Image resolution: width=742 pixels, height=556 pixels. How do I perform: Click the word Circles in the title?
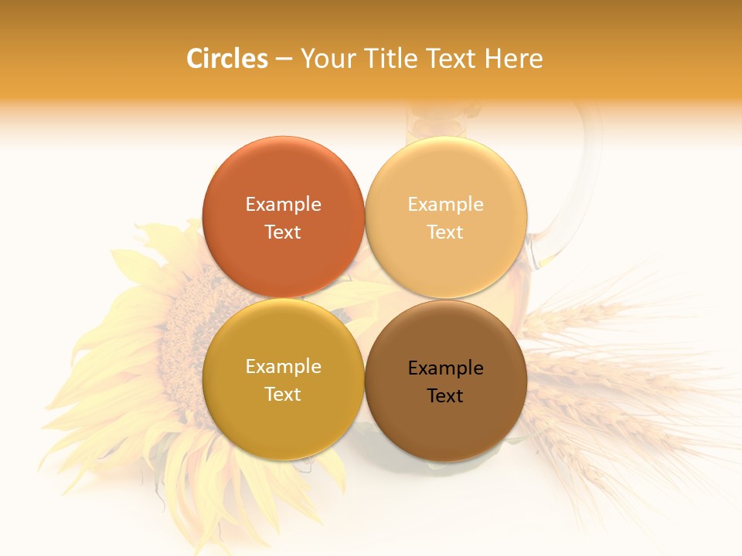pos(226,59)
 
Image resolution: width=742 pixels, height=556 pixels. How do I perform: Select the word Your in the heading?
pos(325,59)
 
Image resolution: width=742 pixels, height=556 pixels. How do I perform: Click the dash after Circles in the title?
pos(284,59)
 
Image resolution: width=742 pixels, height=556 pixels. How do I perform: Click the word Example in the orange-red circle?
pos(283,204)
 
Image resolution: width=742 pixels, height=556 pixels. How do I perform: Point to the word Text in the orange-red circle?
pos(283,232)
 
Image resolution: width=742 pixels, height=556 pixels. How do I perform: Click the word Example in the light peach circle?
pos(446,204)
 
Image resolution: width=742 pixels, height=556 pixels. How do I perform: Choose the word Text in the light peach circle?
pos(446,232)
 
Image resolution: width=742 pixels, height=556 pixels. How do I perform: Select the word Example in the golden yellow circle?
pos(283,366)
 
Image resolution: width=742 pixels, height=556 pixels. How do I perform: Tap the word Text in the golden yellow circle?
pos(283,394)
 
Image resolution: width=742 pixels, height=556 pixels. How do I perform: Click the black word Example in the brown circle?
pos(446,368)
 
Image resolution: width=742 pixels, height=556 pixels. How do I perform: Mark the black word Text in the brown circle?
pos(446,395)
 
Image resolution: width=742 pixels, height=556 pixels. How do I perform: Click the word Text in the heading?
pos(450,59)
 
